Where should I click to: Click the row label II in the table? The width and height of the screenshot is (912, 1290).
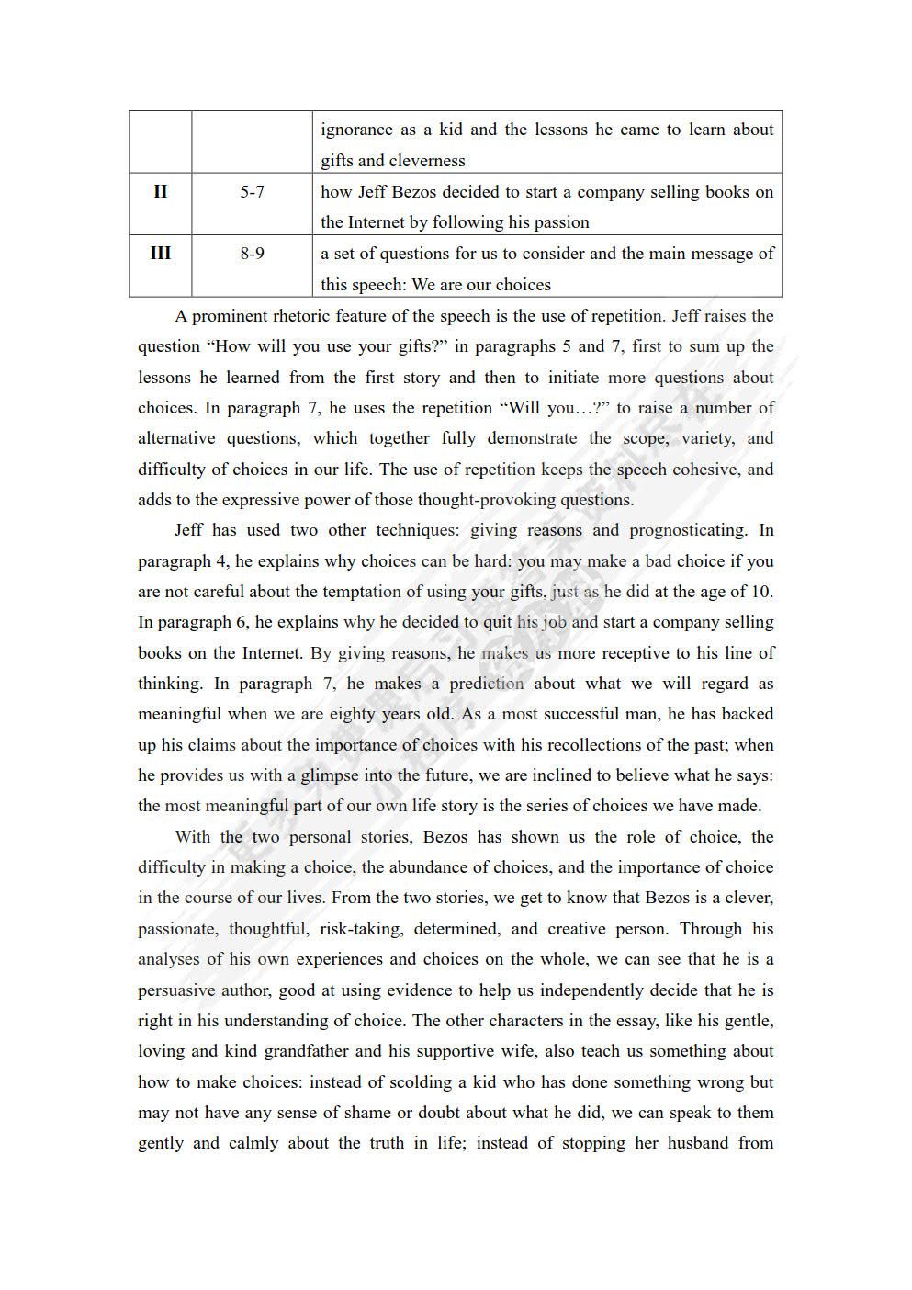[160, 192]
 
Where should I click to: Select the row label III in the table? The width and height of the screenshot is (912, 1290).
[160, 254]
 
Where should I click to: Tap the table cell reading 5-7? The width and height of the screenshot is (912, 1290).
[252, 192]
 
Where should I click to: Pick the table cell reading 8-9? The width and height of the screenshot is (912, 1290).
[252, 254]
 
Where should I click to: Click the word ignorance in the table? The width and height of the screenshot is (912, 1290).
[356, 130]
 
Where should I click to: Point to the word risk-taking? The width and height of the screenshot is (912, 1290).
[361, 929]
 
